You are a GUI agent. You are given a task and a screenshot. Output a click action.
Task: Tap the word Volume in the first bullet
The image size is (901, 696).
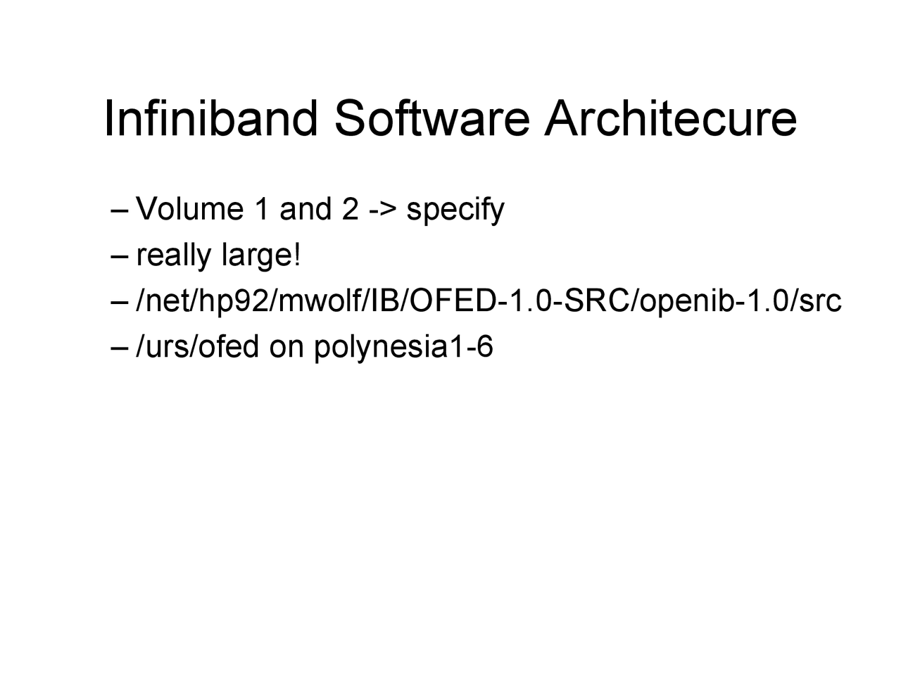click(189, 209)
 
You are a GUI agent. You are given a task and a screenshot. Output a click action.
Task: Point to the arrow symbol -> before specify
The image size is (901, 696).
click(384, 210)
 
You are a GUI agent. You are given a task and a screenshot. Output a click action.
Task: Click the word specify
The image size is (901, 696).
click(455, 210)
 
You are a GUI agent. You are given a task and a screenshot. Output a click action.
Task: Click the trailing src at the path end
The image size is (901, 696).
click(821, 301)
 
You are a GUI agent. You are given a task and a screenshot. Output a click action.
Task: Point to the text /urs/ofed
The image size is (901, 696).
click(198, 346)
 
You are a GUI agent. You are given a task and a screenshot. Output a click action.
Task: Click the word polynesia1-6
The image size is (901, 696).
click(403, 348)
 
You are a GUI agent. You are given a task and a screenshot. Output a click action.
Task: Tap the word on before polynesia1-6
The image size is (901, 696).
click(286, 347)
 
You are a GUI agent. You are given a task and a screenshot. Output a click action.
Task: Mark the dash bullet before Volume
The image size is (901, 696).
click(120, 210)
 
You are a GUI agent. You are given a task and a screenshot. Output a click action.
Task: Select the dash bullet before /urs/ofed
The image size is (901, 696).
click(120, 348)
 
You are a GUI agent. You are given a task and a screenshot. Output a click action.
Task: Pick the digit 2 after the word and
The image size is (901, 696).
click(350, 209)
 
